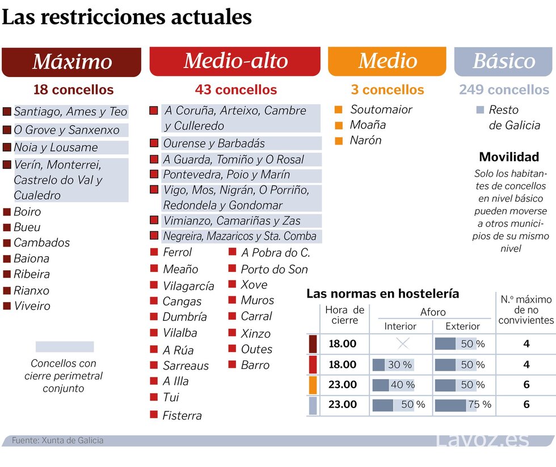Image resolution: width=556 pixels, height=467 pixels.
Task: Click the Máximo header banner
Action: pos(71,62)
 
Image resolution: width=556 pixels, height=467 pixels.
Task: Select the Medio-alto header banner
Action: pos(235,61)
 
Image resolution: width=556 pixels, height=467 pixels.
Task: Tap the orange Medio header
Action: pos(387,61)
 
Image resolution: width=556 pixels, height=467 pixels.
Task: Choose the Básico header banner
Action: pos(504,61)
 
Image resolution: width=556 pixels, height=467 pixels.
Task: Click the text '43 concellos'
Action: pos(236,90)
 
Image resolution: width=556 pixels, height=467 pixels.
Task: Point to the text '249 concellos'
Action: pos(504,90)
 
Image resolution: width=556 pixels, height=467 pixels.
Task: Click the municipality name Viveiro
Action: pos(32,306)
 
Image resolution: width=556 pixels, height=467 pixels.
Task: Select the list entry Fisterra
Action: pos(182,415)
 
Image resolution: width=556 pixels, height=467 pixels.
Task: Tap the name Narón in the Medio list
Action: pos(365,140)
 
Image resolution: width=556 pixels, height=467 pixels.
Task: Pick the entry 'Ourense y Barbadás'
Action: pos(214,143)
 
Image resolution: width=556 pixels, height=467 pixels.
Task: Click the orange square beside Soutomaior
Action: pos(339,109)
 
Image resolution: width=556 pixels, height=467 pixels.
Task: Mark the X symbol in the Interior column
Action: pos(402,343)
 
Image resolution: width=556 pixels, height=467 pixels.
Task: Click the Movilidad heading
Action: pos(509,157)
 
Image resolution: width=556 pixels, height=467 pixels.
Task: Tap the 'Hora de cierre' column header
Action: pos(344,315)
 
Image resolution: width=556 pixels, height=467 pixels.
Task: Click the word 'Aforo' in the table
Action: pos(433,312)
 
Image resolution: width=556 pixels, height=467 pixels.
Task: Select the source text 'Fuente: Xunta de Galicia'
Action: pos(58,440)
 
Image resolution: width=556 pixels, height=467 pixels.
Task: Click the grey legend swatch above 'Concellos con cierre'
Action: pos(65,346)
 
